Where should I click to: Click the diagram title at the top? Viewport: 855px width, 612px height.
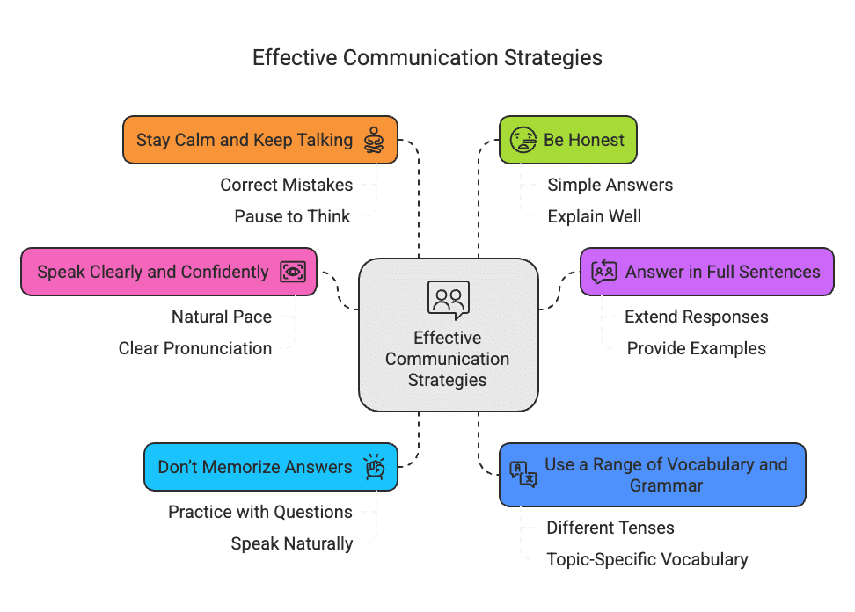[427, 58]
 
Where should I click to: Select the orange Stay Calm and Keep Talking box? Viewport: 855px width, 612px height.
[259, 140]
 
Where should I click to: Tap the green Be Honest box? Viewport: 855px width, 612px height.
[567, 140]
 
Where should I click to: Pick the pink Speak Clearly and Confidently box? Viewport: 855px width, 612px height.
[168, 272]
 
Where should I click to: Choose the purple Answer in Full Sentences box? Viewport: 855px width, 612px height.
[706, 272]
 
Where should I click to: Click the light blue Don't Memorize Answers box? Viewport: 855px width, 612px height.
[270, 467]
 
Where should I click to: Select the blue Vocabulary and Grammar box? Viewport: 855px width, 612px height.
[652, 475]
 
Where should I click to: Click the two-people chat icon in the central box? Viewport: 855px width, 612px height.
[449, 299]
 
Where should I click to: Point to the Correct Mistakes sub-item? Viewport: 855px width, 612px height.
[287, 185]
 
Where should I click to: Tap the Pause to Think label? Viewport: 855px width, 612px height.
[292, 216]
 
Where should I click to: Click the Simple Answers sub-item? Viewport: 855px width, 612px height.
[610, 185]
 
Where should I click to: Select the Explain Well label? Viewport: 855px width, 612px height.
[595, 216]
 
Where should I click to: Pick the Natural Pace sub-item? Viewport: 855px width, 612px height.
[222, 317]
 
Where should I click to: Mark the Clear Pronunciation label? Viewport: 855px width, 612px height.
[195, 348]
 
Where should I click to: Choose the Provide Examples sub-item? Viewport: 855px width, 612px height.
[696, 348]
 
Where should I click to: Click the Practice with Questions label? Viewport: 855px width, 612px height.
[260, 512]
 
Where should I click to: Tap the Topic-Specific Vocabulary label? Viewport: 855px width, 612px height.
[647, 559]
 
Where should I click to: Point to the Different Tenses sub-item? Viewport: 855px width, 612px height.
[610, 528]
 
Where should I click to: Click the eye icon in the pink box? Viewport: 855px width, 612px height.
[292, 272]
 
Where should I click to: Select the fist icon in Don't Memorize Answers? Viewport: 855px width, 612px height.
[375, 467]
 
